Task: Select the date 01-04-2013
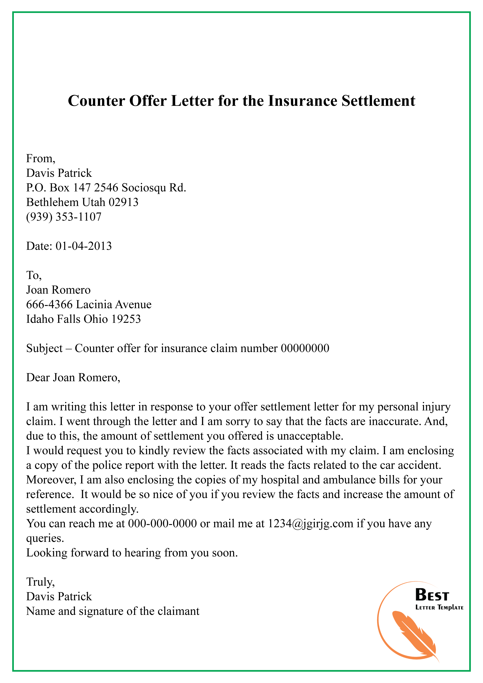[84, 246]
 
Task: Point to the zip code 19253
[126, 319]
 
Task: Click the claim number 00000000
[305, 348]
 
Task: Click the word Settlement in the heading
[378, 101]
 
